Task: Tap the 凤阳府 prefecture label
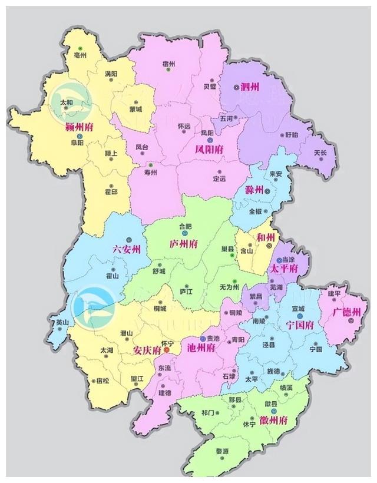209,150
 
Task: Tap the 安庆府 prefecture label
147,350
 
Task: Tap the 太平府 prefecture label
283,269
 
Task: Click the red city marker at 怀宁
167,350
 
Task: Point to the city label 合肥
185,226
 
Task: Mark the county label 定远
219,178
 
